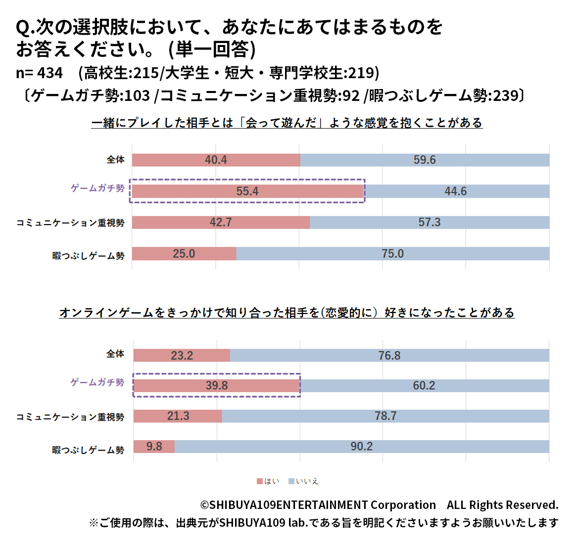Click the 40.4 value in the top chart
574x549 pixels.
click(216, 160)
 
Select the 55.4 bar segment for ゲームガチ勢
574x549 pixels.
click(247, 191)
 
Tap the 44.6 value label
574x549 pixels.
click(455, 191)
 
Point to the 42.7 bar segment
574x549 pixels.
click(221, 223)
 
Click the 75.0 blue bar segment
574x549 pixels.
click(392, 254)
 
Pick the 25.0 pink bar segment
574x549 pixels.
click(184, 254)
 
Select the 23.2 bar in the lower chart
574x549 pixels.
click(182, 356)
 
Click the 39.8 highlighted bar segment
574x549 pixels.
click(217, 386)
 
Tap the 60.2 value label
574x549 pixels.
click(424, 386)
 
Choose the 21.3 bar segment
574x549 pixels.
click(178, 416)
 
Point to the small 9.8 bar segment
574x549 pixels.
click(154, 447)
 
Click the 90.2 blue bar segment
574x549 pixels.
click(361, 447)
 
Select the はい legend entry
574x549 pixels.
click(268, 481)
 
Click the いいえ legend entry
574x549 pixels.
click(303, 481)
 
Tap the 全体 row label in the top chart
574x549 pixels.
click(115, 160)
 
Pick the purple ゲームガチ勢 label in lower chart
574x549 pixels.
click(97, 382)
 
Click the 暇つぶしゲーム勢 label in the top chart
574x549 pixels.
click(88, 256)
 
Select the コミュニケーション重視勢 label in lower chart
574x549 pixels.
click(70, 417)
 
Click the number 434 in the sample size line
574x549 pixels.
click(49, 73)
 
